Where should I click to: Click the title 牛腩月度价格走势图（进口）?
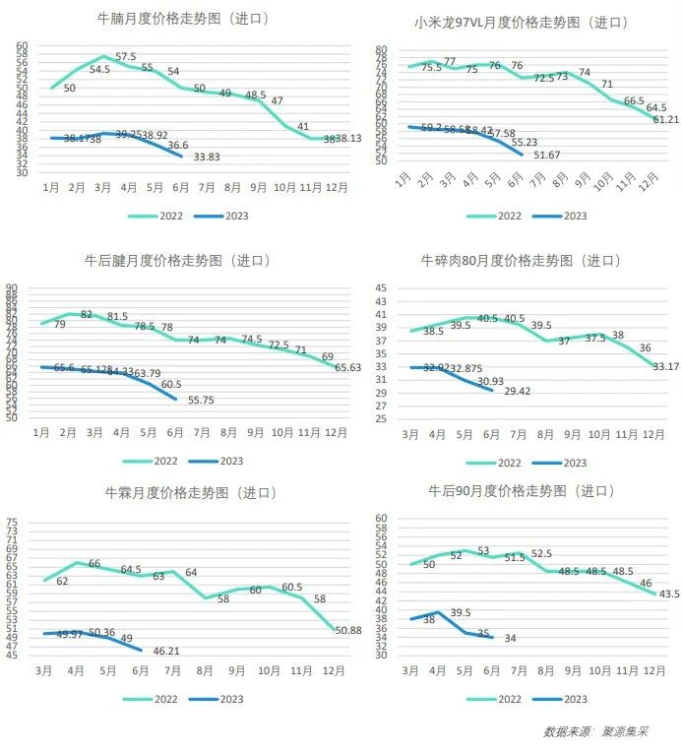(x=183, y=19)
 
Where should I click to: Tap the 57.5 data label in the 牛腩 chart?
(x=126, y=57)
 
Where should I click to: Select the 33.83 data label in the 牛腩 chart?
(x=206, y=157)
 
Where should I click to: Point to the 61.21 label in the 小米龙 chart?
(x=666, y=119)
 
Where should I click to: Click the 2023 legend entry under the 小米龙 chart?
(x=563, y=216)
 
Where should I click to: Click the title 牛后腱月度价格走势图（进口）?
(x=183, y=261)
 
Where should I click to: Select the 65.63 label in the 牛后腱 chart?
(x=348, y=367)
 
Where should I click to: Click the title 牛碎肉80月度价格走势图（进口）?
(x=523, y=261)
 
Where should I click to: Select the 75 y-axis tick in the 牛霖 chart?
(x=14, y=523)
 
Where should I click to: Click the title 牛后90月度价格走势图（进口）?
(x=523, y=489)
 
